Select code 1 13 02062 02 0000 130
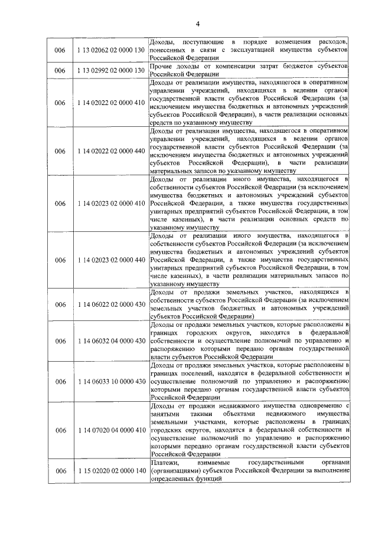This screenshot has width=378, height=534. click(111, 51)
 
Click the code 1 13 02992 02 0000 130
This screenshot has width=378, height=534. click(111, 71)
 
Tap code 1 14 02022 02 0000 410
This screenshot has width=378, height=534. click(111, 103)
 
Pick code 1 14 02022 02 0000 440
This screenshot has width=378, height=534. click(111, 151)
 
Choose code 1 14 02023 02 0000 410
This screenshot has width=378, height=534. click(111, 204)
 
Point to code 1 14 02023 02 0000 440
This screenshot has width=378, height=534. click(111, 260)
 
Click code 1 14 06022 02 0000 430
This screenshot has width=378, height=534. click(111, 304)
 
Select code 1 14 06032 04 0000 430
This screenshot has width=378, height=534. click(111, 341)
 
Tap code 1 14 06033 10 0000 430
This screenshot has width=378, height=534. click(111, 381)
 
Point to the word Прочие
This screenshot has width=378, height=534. click(163, 67)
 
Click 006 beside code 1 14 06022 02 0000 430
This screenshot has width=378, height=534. click(60, 304)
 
